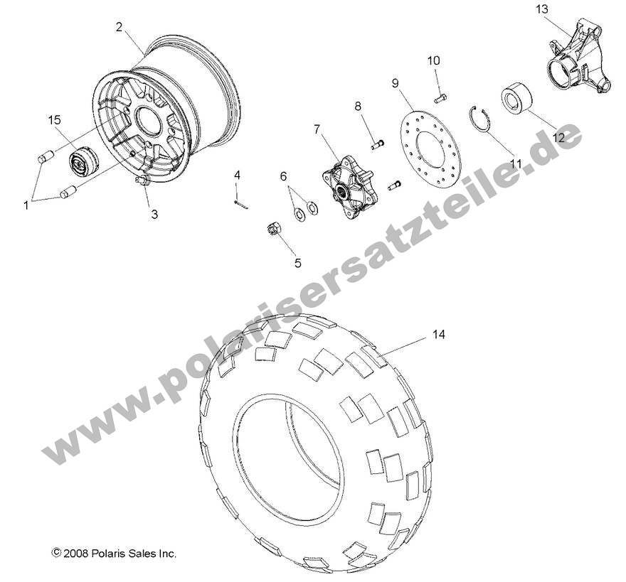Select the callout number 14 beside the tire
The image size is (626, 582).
point(439,334)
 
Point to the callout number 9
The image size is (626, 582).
point(394,83)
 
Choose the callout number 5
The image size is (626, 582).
point(297,263)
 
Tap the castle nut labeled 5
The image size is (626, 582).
point(271,228)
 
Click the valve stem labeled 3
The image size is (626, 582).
point(143,183)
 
